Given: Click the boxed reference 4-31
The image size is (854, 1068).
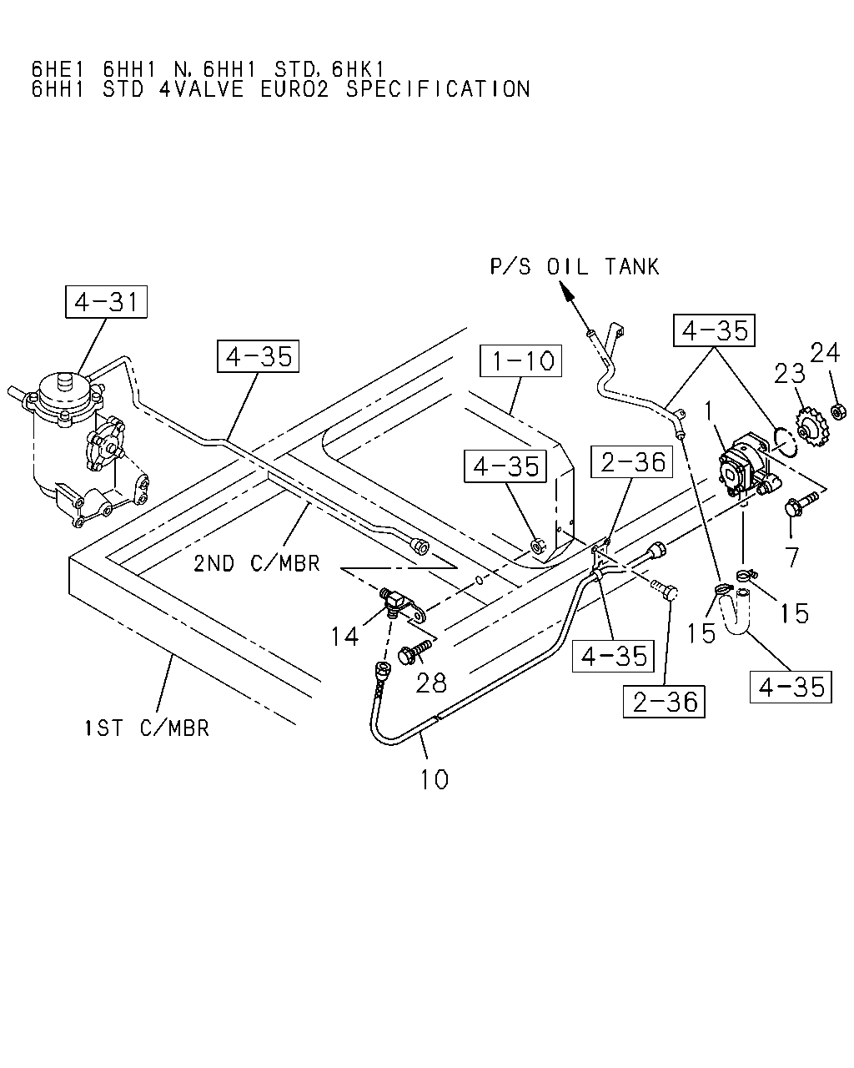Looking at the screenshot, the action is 106,302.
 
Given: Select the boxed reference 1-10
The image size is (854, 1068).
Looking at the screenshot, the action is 520,360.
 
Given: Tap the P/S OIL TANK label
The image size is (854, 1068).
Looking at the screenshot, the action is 574,266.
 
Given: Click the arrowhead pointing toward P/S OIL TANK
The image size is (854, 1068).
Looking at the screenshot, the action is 566,291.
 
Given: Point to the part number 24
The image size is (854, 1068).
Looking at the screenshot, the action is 825,353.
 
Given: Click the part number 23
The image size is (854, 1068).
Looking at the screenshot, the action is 790,374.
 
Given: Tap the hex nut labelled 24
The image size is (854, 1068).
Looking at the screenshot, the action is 838,411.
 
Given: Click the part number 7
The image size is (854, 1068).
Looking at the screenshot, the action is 791,557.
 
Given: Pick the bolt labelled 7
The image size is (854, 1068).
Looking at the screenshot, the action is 801,504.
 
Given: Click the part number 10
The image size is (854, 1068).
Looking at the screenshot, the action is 435,779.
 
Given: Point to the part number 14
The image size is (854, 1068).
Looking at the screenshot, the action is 344,637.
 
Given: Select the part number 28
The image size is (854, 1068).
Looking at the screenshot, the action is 430,683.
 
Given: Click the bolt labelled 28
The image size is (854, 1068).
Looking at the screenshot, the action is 414,652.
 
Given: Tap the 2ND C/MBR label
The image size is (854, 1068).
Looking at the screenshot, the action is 257,563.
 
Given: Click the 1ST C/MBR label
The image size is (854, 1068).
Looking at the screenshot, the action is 147,728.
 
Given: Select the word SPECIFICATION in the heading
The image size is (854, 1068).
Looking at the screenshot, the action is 438,89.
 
